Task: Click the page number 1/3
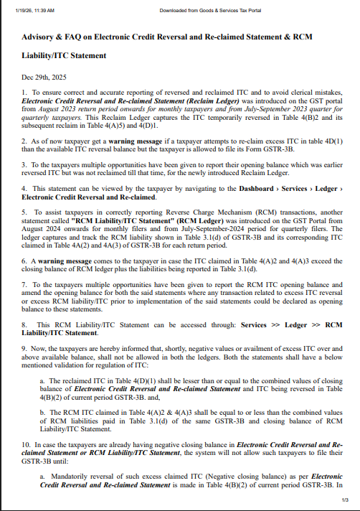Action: click(345, 500)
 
